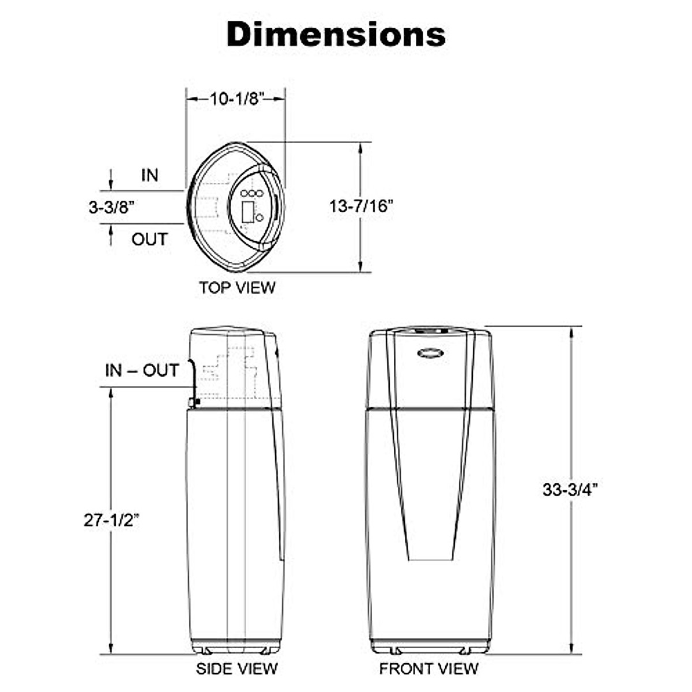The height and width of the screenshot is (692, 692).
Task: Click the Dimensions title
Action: coord(336,34)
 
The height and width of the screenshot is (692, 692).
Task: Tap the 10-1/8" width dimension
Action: coord(237,99)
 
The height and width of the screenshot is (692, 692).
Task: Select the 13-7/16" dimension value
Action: coord(361,206)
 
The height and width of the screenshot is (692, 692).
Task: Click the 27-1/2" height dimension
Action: coord(111,520)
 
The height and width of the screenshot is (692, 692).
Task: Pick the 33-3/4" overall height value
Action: coord(570,490)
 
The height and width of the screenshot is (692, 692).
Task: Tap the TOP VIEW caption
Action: coord(237,288)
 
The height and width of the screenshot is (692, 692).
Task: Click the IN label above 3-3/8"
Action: coord(150,175)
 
